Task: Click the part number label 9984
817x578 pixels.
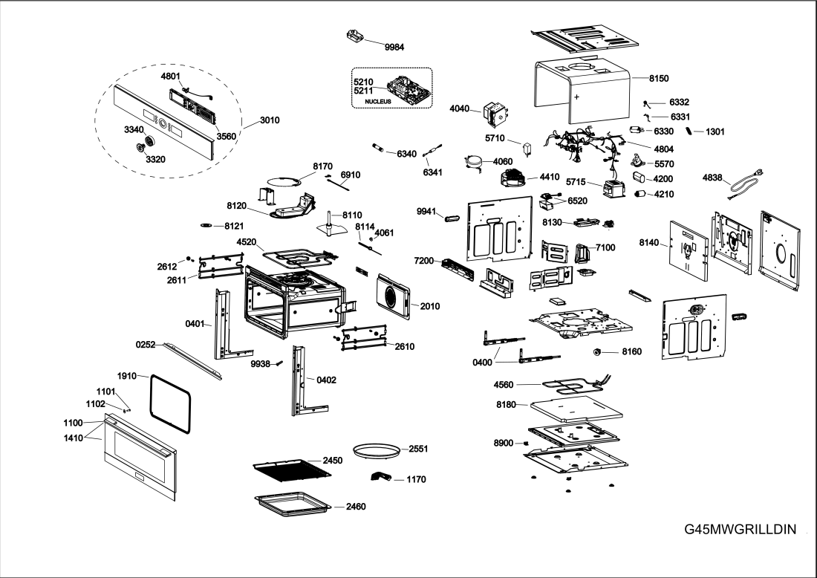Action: pos(394,47)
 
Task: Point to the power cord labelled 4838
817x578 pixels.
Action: pos(747,183)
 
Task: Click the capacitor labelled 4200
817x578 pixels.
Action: pos(640,178)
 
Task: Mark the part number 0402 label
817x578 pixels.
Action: pos(326,380)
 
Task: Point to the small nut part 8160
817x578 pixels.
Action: pos(596,351)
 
